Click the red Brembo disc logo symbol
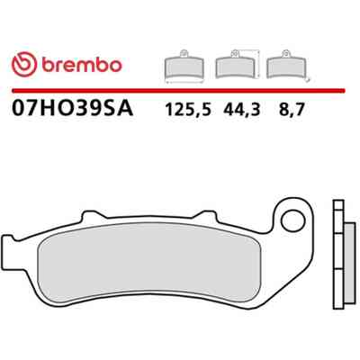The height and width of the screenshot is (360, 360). coord(24,64)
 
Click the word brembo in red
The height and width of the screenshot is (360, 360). coord(82,64)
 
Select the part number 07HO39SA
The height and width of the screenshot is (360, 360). coord(72,109)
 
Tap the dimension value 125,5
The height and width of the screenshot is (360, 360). coord(188,110)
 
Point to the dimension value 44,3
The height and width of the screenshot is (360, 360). coord(241,110)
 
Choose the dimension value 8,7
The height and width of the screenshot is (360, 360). coord(292,110)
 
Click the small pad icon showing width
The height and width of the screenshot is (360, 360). coord(184,67)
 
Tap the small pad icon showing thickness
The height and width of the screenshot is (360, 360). coord(286,65)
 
